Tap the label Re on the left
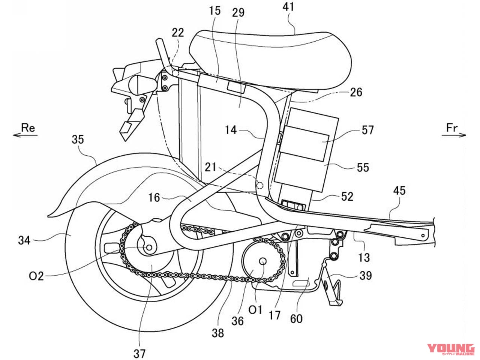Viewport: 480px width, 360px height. pyautogui.click(x=28, y=127)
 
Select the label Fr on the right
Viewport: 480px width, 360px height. pyautogui.click(x=452, y=127)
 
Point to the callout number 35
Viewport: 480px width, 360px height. pyautogui.click(x=78, y=139)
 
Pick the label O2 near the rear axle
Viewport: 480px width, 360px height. pyautogui.click(x=36, y=276)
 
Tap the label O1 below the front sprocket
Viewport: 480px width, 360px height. pyautogui.click(x=255, y=310)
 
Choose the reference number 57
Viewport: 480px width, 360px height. pyautogui.click(x=367, y=130)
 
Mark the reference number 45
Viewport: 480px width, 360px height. pyautogui.click(x=399, y=190)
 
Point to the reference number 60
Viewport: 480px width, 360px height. pyautogui.click(x=296, y=318)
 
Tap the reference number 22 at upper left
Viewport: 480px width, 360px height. pyautogui.click(x=178, y=33)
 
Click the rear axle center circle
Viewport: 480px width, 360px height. pyautogui.click(x=149, y=248)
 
